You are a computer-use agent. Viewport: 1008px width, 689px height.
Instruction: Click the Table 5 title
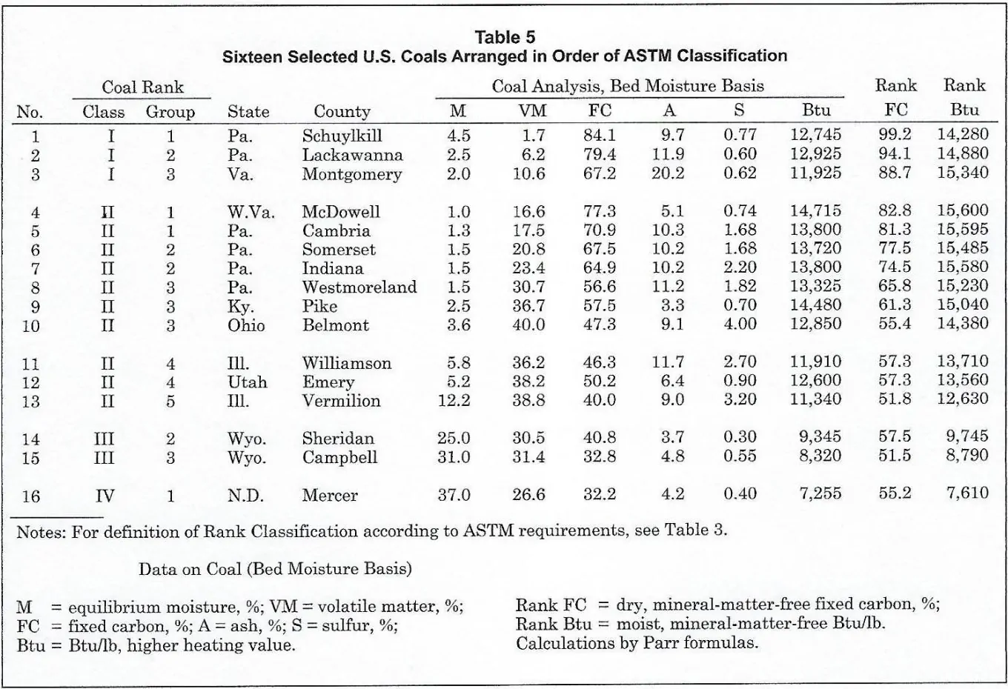(505, 37)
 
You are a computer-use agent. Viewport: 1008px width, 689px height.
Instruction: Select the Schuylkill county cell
(342, 136)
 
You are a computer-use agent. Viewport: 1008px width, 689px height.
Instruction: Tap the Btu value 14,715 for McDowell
(815, 212)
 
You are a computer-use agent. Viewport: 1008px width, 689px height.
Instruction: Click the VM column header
(531, 111)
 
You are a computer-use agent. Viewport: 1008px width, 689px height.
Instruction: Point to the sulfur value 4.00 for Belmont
(739, 324)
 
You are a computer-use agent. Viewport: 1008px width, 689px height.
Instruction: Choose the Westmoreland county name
(359, 287)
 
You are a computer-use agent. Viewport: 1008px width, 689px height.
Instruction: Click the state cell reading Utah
(247, 382)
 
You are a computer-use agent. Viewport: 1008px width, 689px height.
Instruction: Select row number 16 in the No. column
(31, 496)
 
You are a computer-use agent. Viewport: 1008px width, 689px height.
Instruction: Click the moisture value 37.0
(453, 495)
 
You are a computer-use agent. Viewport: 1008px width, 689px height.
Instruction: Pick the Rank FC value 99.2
(895, 136)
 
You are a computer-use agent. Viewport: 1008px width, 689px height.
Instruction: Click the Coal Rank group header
(142, 87)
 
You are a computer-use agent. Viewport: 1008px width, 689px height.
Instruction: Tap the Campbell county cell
(339, 457)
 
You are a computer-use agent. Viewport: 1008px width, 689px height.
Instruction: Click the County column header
(342, 112)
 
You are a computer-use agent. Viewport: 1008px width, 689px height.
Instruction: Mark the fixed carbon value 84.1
(599, 136)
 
